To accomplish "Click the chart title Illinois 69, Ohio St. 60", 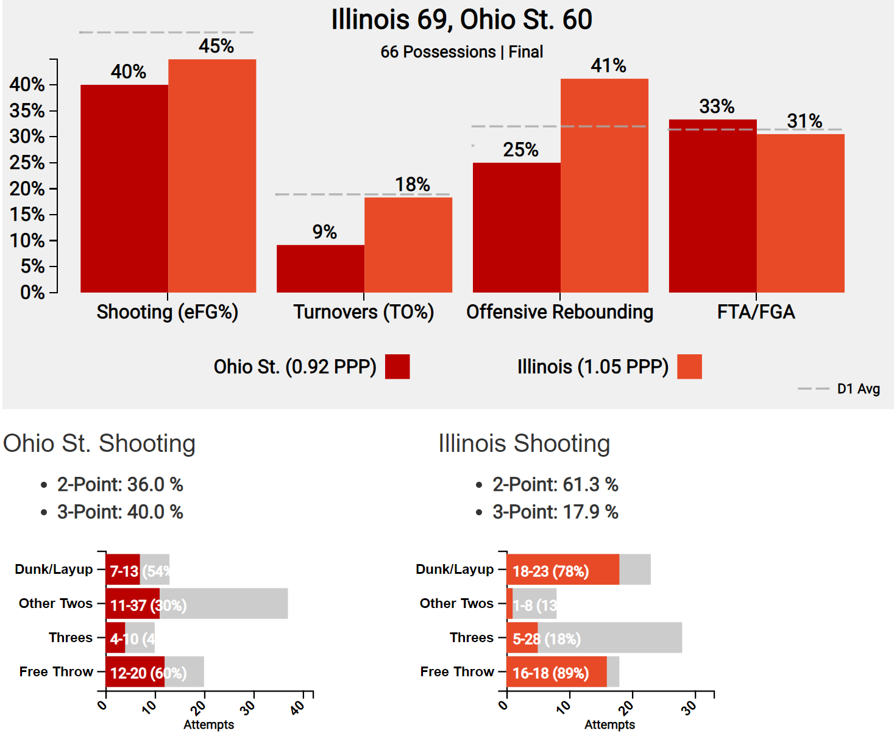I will click(x=461, y=20).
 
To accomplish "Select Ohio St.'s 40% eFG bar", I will click(x=124, y=188).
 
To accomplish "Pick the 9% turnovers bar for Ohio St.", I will click(x=321, y=268).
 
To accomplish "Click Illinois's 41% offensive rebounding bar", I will click(x=605, y=185).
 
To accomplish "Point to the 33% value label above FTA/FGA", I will click(x=717, y=107).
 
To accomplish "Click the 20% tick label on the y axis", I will click(x=27, y=188).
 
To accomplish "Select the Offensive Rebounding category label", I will click(x=559, y=312).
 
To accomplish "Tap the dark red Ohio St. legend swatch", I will click(x=397, y=366).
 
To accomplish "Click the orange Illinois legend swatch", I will click(x=689, y=366).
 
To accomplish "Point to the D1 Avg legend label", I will click(x=858, y=389).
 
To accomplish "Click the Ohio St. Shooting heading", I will click(x=99, y=443).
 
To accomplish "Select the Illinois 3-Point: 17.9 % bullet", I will click(x=555, y=512).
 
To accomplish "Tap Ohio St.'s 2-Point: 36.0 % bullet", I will click(x=120, y=484).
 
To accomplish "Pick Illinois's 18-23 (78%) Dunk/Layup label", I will click(x=550, y=571).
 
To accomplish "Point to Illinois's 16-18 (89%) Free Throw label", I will click(x=550, y=673).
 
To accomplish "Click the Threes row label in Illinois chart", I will click(x=472, y=637).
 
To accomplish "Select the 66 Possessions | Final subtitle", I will click(x=461, y=52).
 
